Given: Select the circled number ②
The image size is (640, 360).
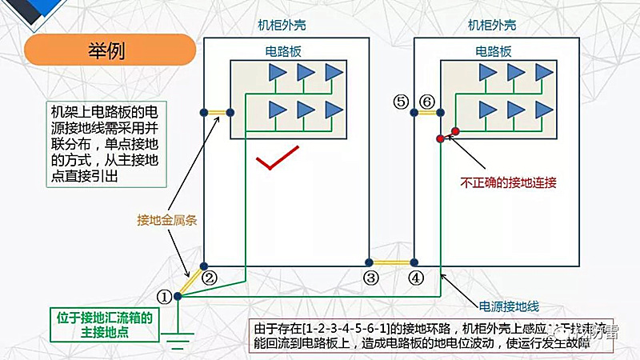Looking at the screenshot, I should pyautogui.click(x=210, y=278).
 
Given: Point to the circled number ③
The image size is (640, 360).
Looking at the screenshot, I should pyautogui.click(x=370, y=278).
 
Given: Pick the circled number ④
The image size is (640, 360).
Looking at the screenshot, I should pyautogui.click(x=415, y=278).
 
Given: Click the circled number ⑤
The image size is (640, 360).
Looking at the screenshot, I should pyautogui.click(x=402, y=101).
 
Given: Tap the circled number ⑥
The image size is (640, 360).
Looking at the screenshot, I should pyautogui.click(x=427, y=101).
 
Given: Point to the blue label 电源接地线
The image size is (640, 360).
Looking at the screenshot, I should pyautogui.click(x=509, y=306).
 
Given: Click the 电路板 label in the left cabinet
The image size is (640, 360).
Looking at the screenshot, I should pyautogui.click(x=282, y=50).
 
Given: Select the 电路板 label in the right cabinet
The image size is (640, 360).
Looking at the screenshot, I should pyautogui.click(x=493, y=50).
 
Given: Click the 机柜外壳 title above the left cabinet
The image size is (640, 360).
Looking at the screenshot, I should pyautogui.click(x=282, y=25).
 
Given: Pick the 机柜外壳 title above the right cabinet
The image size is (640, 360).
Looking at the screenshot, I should pyautogui.click(x=492, y=25).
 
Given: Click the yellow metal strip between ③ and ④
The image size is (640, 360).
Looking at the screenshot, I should pyautogui.click(x=391, y=262).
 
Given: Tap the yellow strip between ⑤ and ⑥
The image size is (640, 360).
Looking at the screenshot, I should pyautogui.click(x=427, y=114).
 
